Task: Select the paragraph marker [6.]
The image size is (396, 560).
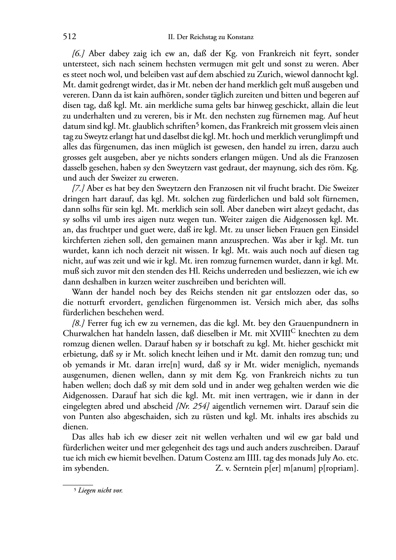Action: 79,54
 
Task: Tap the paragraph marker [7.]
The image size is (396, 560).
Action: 79,188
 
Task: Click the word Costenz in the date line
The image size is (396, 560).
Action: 219,458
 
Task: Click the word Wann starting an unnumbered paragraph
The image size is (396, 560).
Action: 82,292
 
